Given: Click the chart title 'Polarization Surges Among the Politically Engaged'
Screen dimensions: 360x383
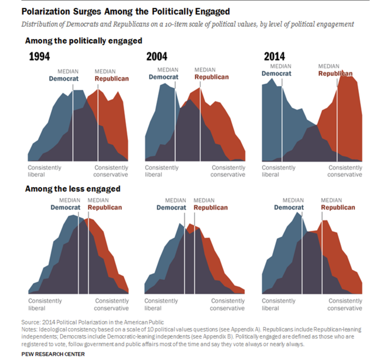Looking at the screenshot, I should (126, 11).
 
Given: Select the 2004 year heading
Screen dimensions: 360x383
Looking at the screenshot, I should (157, 57).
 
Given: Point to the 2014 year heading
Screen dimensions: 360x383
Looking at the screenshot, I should (274, 57).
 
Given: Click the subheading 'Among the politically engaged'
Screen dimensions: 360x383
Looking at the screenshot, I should (84, 41).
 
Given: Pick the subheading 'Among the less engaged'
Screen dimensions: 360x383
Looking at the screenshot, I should (72, 189).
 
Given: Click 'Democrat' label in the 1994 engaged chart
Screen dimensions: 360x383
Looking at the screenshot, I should (63, 79).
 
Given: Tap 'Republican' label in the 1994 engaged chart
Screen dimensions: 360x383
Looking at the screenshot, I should (111, 79).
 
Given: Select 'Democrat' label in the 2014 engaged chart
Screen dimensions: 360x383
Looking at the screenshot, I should (276, 73).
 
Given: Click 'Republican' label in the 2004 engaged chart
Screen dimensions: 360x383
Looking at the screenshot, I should (211, 77).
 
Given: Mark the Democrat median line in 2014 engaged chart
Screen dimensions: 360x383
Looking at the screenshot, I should (282, 121).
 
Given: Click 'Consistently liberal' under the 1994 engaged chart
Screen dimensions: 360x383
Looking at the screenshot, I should (44, 171).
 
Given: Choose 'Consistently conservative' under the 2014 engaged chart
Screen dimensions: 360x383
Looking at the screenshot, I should (345, 171).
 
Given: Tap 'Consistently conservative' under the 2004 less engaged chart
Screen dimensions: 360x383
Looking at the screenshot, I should (227, 304).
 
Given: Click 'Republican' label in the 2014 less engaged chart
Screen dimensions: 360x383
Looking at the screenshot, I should (338, 207).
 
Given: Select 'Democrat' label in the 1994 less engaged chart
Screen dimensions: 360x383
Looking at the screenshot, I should (66, 207).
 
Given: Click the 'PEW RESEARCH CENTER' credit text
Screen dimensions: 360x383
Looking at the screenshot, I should (53, 354).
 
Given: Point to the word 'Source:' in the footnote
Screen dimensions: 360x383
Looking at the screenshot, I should (31, 322).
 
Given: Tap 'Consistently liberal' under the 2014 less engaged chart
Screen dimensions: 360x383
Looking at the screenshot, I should (278, 304).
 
